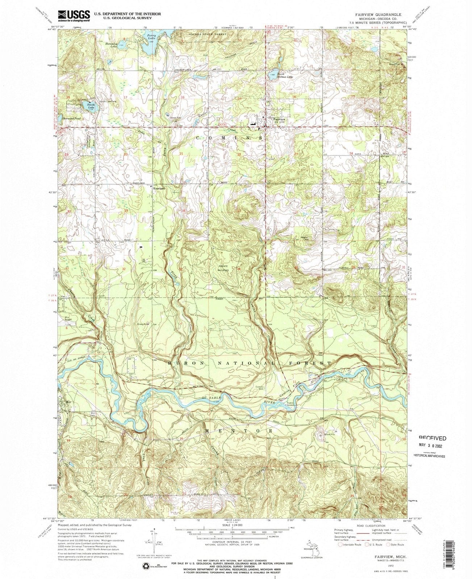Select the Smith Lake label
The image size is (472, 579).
tap(91, 106)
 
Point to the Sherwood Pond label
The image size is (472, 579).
tap(72, 118)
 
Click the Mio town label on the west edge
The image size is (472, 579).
tap(68, 402)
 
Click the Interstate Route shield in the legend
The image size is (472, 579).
tap(341, 544)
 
